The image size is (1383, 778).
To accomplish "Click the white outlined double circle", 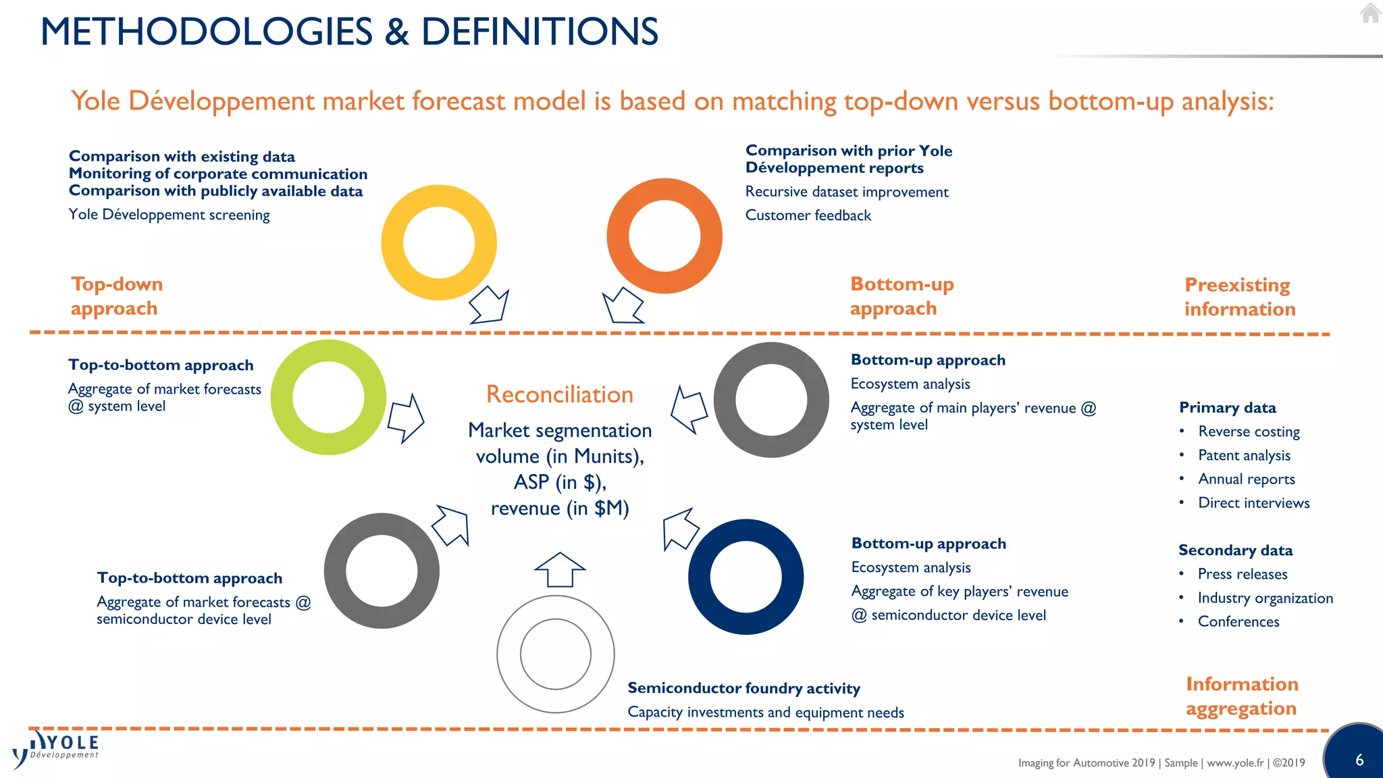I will point(556,654).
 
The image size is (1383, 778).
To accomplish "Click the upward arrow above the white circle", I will point(560,569).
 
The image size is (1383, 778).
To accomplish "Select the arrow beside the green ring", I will point(406,418).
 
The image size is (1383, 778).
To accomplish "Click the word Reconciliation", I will point(560,394).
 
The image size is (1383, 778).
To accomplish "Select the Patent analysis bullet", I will point(1244,456).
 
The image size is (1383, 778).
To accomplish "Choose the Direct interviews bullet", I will point(1253,503).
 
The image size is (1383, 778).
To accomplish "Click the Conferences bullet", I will point(1238,622).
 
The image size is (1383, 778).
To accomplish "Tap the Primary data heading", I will point(1227,408).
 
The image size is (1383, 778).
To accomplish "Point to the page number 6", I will point(1359,760).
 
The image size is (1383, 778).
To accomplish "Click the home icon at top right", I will point(1370,13).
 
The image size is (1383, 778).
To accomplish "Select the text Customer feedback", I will point(808,215).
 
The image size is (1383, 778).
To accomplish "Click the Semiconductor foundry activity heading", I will point(743,688).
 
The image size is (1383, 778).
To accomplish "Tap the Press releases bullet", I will point(1242,575).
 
